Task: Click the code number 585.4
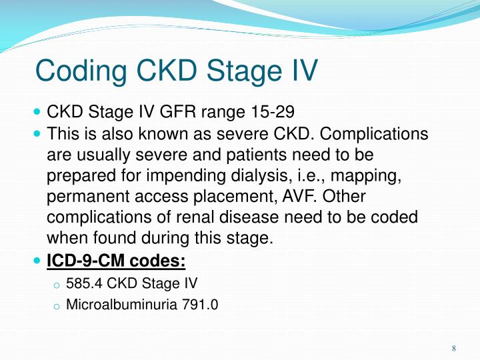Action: (x=81, y=284)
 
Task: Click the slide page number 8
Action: (x=453, y=349)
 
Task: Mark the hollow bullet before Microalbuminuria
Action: (x=57, y=307)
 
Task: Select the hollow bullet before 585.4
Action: (x=57, y=285)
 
